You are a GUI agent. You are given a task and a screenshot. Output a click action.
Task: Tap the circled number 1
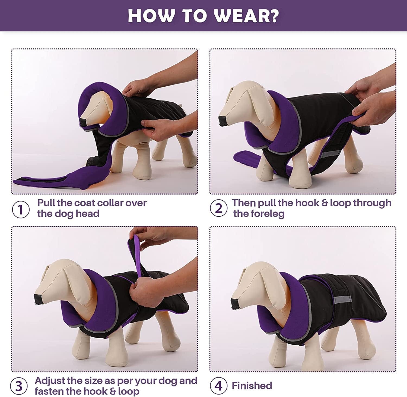[x=21, y=209]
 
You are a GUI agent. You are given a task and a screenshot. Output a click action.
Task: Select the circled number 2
[x=219, y=208]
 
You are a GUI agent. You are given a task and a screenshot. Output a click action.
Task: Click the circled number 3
[x=19, y=386]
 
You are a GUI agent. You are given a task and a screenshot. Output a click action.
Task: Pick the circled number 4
[x=218, y=386]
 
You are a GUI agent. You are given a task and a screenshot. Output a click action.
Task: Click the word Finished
[x=252, y=386]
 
